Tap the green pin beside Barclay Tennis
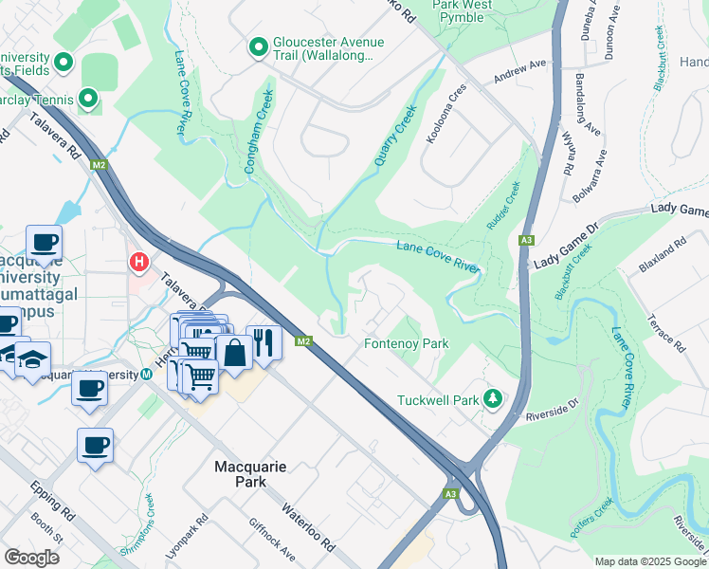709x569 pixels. [x=88, y=98]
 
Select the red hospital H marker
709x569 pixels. [x=139, y=261]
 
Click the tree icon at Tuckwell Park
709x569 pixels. [x=492, y=398]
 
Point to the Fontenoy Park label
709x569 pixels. [x=407, y=343]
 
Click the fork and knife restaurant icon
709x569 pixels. [x=263, y=341]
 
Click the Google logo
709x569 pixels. [x=31, y=557]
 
